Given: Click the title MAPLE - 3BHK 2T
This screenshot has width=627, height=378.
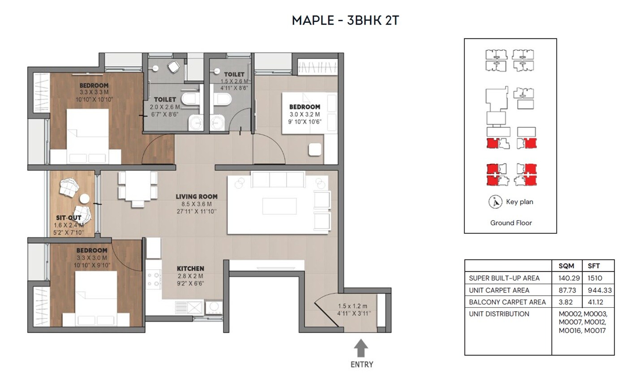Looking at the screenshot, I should pos(345,21).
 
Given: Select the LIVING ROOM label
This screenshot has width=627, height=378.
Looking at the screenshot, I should pos(197,196).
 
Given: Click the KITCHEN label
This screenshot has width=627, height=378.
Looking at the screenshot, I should pos(190,268).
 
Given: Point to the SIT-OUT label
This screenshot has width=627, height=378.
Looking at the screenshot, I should pos(69,218).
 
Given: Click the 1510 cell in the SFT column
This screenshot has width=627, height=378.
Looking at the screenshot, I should pos(596,278).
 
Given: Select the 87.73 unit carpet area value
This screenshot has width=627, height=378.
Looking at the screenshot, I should pos(567,290).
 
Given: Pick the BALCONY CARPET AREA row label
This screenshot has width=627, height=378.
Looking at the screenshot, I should pos(507,302).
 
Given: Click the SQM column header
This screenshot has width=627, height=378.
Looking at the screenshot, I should pos(567,266).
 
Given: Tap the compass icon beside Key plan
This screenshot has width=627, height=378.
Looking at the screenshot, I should pos(495,202).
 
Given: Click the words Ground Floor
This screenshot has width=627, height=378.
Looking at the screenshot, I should pos(511,223).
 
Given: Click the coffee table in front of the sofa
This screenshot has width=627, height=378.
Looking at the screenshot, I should pos(279,207).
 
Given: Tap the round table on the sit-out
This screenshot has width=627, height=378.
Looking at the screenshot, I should pos(84,198).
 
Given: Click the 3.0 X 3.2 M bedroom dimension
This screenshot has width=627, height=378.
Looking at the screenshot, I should pos(305,114).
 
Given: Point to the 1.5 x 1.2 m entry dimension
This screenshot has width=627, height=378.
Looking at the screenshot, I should pos(354,306).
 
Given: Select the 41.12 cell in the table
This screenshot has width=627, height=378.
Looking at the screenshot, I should pos(597,302).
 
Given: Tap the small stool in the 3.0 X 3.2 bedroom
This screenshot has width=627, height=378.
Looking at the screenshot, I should pos(315,150).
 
